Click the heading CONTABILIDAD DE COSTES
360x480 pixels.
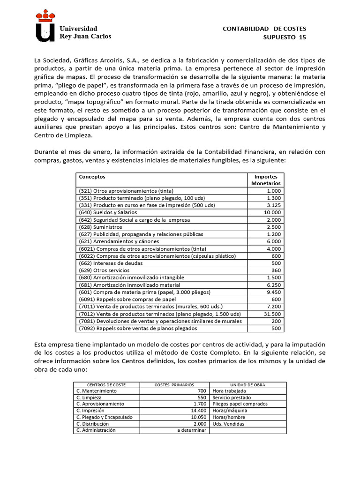point(264,29)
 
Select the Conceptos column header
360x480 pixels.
point(92,177)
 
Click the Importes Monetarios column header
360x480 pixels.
point(266,180)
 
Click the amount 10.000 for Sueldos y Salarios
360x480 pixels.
point(272,212)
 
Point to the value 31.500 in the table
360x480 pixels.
point(272,314)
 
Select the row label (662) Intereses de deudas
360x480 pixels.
point(108,263)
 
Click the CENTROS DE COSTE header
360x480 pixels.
point(96,384)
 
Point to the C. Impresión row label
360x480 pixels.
point(90,410)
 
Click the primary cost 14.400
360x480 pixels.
point(196,410)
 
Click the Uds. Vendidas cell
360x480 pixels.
point(228,424)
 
